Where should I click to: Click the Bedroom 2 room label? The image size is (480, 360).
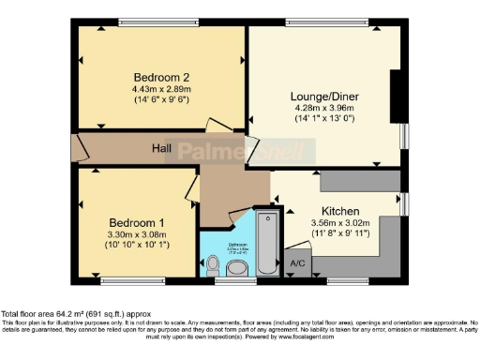(x=161, y=77)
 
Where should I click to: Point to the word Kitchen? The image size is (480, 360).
(x=341, y=210)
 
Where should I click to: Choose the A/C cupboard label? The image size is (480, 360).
(x=299, y=264)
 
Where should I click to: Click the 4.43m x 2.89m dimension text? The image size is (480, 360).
(x=161, y=89)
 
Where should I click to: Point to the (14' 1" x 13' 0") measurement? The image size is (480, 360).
(x=321, y=119)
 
